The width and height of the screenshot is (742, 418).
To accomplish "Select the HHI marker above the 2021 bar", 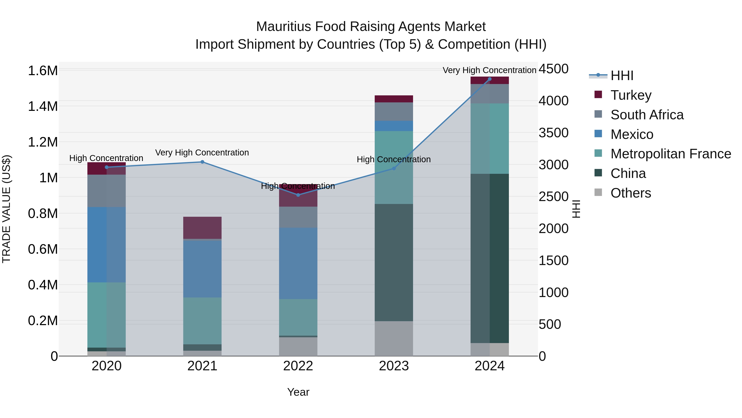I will coord(202,162).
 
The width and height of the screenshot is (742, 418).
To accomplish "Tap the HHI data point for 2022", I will coord(298,195).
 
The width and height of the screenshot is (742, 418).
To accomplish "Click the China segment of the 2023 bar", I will coord(394,263).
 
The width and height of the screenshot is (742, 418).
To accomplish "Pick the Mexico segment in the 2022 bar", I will coord(298,263).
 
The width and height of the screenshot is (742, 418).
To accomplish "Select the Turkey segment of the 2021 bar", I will coord(202,228).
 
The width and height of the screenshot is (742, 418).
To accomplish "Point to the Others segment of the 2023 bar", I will coord(394,338).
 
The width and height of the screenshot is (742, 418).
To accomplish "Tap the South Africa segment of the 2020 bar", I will coord(107,191).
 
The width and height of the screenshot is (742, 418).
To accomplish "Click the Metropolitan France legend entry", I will coord(670,154).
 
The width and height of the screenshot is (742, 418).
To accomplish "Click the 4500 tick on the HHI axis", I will coord(553,69).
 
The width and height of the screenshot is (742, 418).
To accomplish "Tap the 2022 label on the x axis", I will coord(298,366).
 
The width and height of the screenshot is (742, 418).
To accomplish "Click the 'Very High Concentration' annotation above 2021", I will coord(202,153).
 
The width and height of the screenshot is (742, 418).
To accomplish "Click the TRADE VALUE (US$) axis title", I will coord(6,209).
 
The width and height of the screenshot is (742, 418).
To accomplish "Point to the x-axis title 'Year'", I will coord(298,392).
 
